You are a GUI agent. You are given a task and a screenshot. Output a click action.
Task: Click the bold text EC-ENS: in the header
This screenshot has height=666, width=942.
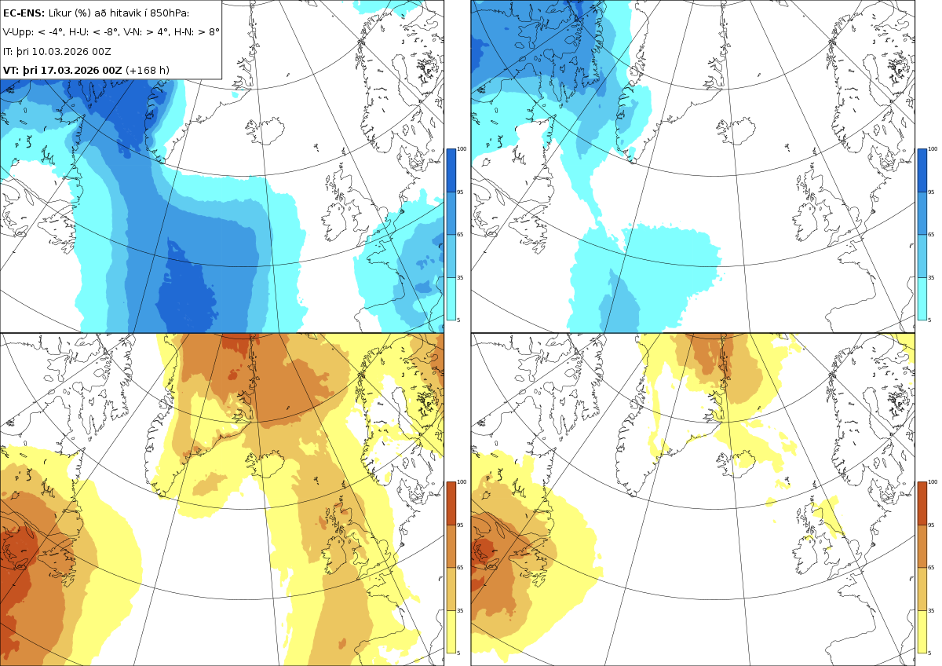[24, 13]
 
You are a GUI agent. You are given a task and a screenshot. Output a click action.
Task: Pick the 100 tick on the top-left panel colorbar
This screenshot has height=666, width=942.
[462, 149]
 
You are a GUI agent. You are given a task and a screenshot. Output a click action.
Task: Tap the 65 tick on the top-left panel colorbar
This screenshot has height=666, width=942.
[460, 234]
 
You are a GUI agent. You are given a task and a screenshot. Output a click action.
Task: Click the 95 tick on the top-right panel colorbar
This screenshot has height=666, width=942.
[931, 192]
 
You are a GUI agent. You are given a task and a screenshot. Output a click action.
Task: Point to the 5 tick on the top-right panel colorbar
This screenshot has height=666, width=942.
[929, 320]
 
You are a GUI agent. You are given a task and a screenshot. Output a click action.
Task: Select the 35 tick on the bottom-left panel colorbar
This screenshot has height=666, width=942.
[460, 610]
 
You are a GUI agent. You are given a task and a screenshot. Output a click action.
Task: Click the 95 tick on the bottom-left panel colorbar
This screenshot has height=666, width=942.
[460, 525]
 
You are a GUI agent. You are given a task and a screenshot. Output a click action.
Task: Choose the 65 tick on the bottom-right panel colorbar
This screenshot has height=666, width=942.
[931, 568]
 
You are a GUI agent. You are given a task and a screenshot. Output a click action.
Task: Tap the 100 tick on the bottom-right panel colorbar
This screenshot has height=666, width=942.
[933, 482]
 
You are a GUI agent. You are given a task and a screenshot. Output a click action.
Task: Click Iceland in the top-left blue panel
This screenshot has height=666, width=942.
[265, 130]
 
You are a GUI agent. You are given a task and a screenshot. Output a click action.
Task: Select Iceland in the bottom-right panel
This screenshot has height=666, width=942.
[736, 464]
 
